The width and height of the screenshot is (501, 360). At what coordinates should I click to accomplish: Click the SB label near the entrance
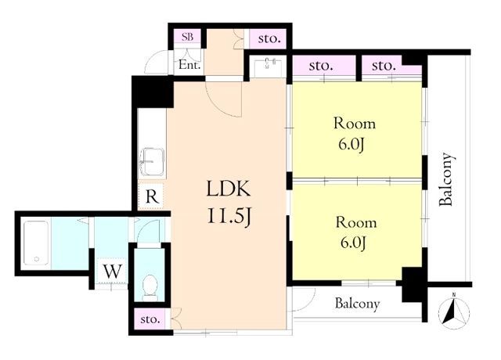pyautogui.click(x=188, y=37)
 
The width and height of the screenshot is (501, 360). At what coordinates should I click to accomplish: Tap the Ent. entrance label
pyautogui.click(x=189, y=65)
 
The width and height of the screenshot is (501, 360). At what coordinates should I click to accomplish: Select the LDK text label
pyautogui.click(x=229, y=189)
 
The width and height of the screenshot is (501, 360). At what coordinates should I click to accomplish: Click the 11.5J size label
pyautogui.click(x=229, y=217)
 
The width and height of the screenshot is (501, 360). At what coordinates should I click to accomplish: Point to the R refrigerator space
pyautogui.click(x=152, y=197)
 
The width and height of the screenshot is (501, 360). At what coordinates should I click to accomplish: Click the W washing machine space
pyautogui.click(x=113, y=272)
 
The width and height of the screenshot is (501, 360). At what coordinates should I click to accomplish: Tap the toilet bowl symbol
pyautogui.click(x=150, y=286)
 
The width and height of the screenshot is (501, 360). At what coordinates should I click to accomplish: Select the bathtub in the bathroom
pyautogui.click(x=36, y=243)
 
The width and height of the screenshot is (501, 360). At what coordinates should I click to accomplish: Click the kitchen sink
pyautogui.click(x=152, y=161)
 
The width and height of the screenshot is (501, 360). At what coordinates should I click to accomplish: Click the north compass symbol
pyautogui.click(x=454, y=310)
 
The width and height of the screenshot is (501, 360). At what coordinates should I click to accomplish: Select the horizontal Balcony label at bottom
pyautogui.click(x=358, y=304)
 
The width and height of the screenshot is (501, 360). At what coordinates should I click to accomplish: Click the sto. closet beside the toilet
pyautogui.click(x=150, y=319)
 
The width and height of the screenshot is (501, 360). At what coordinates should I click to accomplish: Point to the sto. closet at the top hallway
pyautogui.click(x=269, y=39)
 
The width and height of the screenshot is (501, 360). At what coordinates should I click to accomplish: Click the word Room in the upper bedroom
pyautogui.click(x=355, y=124)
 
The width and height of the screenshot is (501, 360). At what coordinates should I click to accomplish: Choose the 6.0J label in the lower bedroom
pyautogui.click(x=353, y=243)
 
